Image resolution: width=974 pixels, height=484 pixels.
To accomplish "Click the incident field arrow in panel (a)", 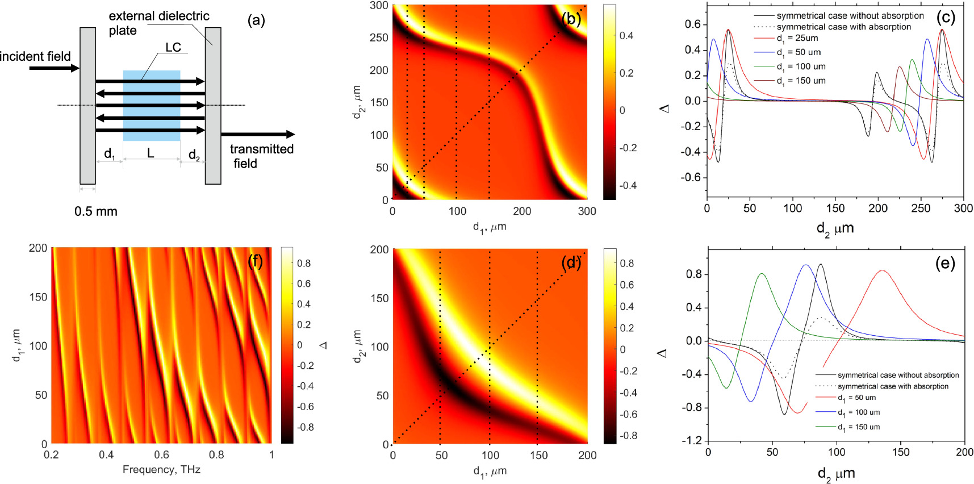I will click(54, 68).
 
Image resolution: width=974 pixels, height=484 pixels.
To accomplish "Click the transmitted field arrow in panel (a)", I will click(258, 135).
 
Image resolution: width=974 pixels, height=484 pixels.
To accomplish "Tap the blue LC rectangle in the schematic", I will click(151, 106).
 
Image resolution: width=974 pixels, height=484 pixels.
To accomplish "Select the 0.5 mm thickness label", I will click(95, 211).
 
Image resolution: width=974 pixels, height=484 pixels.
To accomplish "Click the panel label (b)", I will click(571, 19).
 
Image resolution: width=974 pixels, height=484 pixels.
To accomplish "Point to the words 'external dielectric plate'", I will click(158, 23).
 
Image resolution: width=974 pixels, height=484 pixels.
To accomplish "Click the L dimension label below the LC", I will click(151, 153).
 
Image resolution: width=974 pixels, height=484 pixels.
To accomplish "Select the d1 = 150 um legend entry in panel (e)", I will click(858, 427).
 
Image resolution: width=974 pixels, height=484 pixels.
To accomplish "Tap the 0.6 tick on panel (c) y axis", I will click(692, 24).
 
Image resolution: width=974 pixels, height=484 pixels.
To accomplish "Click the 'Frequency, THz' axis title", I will click(161, 470).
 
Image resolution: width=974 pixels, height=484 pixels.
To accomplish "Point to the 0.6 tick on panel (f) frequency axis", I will click(161, 455).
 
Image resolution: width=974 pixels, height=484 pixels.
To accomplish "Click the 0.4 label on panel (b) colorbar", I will click(626, 36).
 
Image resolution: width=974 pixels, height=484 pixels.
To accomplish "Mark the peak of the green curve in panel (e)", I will click(762, 274).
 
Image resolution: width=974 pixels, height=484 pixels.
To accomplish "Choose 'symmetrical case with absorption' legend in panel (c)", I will click(843, 27).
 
